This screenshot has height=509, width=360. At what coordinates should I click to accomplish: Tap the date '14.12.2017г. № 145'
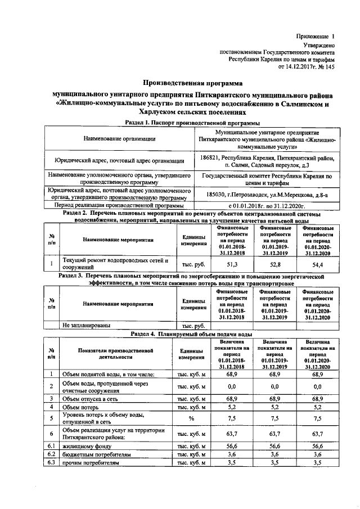pyautogui.click(x=307, y=66)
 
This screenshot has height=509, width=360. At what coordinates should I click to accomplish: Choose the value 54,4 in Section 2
pyautogui.click(x=317, y=263)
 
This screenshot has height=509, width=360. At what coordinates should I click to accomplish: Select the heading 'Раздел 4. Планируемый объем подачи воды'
pyautogui.click(x=191, y=333)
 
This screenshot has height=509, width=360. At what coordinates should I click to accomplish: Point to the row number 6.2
pyautogui.click(x=51, y=454)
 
